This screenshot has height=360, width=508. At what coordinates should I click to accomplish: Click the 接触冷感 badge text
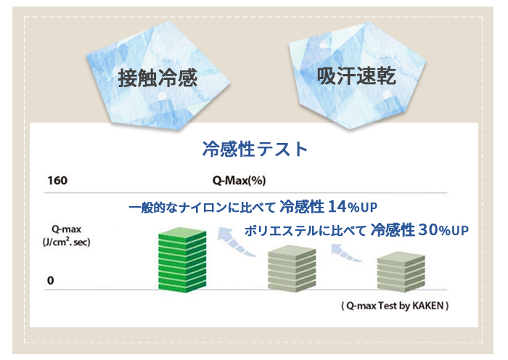(x=157, y=78)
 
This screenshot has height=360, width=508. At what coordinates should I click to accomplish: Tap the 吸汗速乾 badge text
(x=356, y=76)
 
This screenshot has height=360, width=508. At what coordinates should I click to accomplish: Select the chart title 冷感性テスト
(x=255, y=149)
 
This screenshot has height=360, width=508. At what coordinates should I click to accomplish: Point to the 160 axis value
(x=57, y=181)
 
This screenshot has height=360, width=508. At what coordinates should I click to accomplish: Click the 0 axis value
(x=50, y=280)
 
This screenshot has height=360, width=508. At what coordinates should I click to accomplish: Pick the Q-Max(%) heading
(x=239, y=181)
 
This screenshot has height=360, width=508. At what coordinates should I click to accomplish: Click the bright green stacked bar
(x=182, y=260)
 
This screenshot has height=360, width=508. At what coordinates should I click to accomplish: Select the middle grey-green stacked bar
(x=292, y=269)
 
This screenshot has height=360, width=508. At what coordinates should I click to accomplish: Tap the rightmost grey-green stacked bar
(x=401, y=271)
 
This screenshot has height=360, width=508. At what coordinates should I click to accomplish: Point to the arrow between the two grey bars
(x=345, y=253)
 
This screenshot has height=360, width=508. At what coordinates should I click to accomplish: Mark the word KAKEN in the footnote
(x=427, y=306)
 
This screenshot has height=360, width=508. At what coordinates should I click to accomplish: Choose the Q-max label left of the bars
(x=66, y=229)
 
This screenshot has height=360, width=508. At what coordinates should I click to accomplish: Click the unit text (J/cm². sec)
(x=67, y=242)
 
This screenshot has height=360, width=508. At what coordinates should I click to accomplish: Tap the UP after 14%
(x=369, y=208)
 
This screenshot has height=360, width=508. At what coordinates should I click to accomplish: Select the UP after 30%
(x=460, y=230)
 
